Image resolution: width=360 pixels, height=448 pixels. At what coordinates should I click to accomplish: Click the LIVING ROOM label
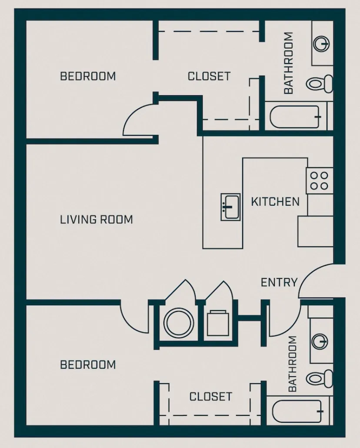click(x=96, y=220)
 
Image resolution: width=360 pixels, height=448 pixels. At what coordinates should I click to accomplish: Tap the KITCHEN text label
click(x=275, y=202)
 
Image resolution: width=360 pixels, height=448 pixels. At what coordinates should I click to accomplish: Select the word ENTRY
click(x=279, y=282)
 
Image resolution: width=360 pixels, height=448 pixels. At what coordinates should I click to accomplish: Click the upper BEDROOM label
click(x=88, y=76)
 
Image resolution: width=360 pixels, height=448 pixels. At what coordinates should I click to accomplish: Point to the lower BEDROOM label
click(x=88, y=364)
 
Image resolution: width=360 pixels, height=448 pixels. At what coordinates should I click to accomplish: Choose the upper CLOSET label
click(x=209, y=76)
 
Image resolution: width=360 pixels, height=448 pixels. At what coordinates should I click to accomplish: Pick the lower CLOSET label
click(x=210, y=397)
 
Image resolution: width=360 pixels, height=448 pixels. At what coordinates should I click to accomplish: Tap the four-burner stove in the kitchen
click(x=320, y=181)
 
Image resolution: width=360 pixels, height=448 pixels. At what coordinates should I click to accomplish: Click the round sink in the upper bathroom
click(x=322, y=44)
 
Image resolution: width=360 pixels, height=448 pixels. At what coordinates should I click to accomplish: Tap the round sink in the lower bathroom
click(x=321, y=341)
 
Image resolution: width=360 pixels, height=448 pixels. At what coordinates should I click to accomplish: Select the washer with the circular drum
click(x=178, y=323)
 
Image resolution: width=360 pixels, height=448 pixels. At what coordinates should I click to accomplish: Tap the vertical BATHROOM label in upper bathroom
click(x=288, y=63)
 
